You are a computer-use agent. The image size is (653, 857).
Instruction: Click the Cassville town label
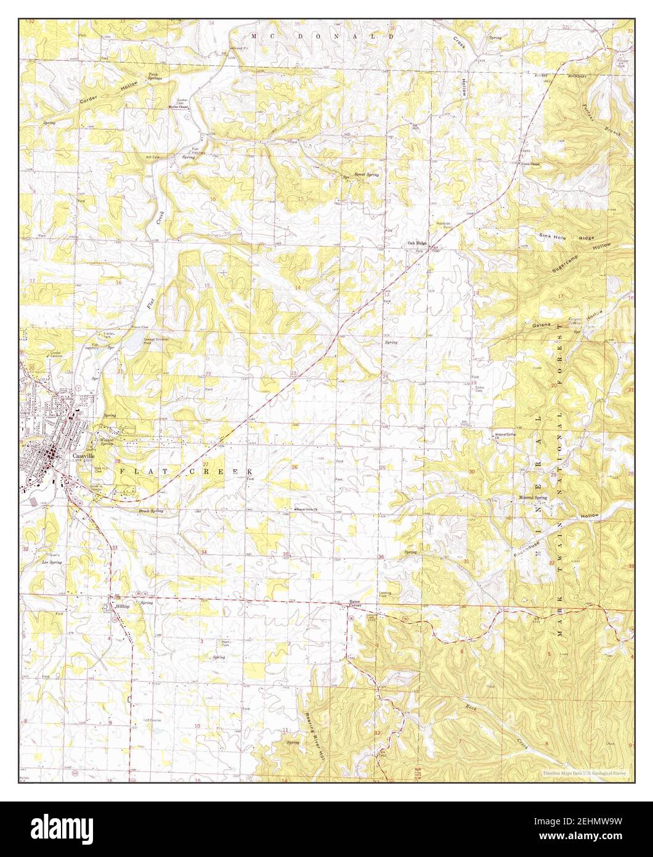coord(82,456)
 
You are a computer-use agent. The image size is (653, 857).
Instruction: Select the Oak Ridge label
coord(417,244)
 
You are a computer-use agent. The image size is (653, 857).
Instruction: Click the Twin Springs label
coord(155,76)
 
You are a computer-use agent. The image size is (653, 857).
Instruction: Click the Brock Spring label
coord(151,511)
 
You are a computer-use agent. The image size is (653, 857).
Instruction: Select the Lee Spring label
coord(52,562)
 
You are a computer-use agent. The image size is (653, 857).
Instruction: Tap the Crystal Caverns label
coord(59,355)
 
